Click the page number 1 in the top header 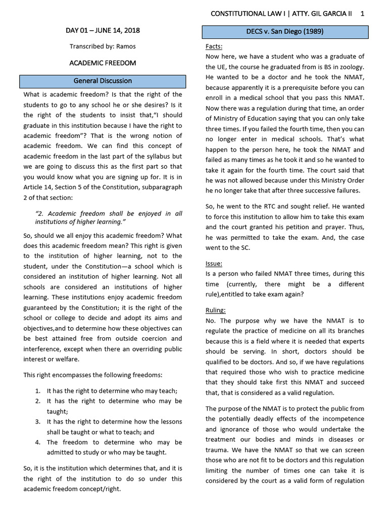point(362,14)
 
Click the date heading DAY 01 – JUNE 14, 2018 point(103,31)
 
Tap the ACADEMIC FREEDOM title point(103,63)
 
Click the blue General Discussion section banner point(103,81)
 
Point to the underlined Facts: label point(214,46)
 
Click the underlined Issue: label point(214,264)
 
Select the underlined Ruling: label point(216,310)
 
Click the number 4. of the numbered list point(38,442)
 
